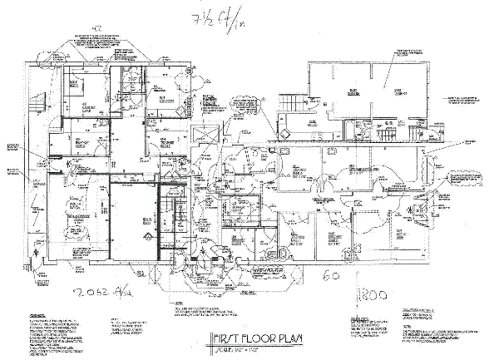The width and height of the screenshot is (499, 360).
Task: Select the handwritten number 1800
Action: [372, 294]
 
